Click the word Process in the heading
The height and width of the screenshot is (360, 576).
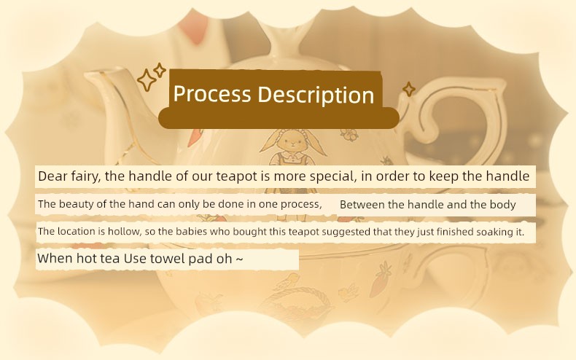(212, 94)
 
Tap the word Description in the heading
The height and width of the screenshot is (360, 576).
(316, 95)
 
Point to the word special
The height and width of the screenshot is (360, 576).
(333, 176)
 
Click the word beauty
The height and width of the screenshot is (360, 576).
(76, 204)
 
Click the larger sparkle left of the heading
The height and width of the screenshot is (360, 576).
(147, 80)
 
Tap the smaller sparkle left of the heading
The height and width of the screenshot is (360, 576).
(160, 70)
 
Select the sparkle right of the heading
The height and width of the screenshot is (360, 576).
(409, 89)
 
